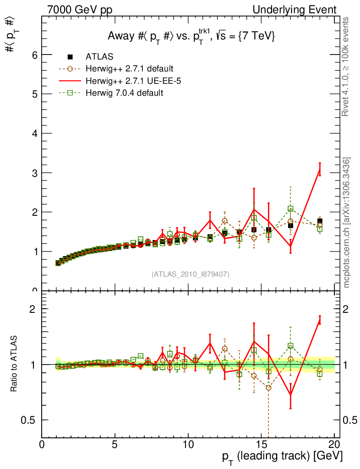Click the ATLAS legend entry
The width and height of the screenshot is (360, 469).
[x=99, y=57]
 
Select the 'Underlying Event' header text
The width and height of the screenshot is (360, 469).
[x=300, y=10]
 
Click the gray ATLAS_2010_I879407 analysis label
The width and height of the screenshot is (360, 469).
[x=191, y=274]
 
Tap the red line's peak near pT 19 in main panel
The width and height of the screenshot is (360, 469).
[x=320, y=169]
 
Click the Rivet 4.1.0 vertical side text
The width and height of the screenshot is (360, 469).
[x=347, y=66]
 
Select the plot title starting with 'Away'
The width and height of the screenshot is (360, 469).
[x=191, y=36]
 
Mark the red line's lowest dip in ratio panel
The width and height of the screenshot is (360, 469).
[x=290, y=395]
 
